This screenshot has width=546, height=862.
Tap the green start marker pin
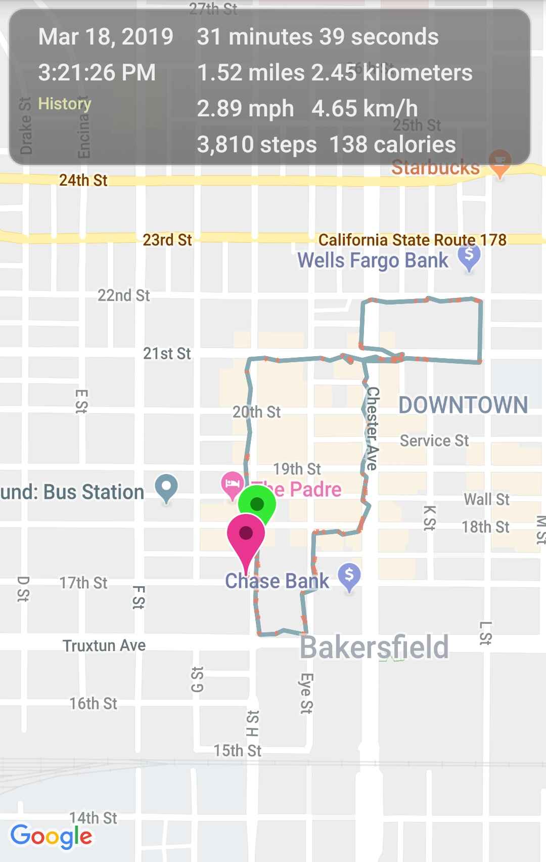(257, 504)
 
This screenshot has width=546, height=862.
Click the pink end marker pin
(246, 534)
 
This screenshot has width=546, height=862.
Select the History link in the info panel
(65, 104)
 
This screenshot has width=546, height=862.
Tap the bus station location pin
(166, 487)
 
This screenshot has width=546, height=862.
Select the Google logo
(52, 836)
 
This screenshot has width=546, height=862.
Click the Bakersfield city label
(374, 647)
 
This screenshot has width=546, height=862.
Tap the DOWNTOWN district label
(463, 405)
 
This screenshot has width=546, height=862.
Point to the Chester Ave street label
(373, 428)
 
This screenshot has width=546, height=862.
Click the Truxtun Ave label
(104, 645)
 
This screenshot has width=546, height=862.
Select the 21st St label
(167, 354)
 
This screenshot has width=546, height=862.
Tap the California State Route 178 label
(412, 240)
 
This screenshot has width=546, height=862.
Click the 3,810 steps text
(257, 145)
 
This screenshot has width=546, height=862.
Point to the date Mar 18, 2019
(106, 37)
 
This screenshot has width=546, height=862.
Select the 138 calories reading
(392, 145)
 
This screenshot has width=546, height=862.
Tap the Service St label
(434, 441)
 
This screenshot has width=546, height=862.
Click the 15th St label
(237, 751)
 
